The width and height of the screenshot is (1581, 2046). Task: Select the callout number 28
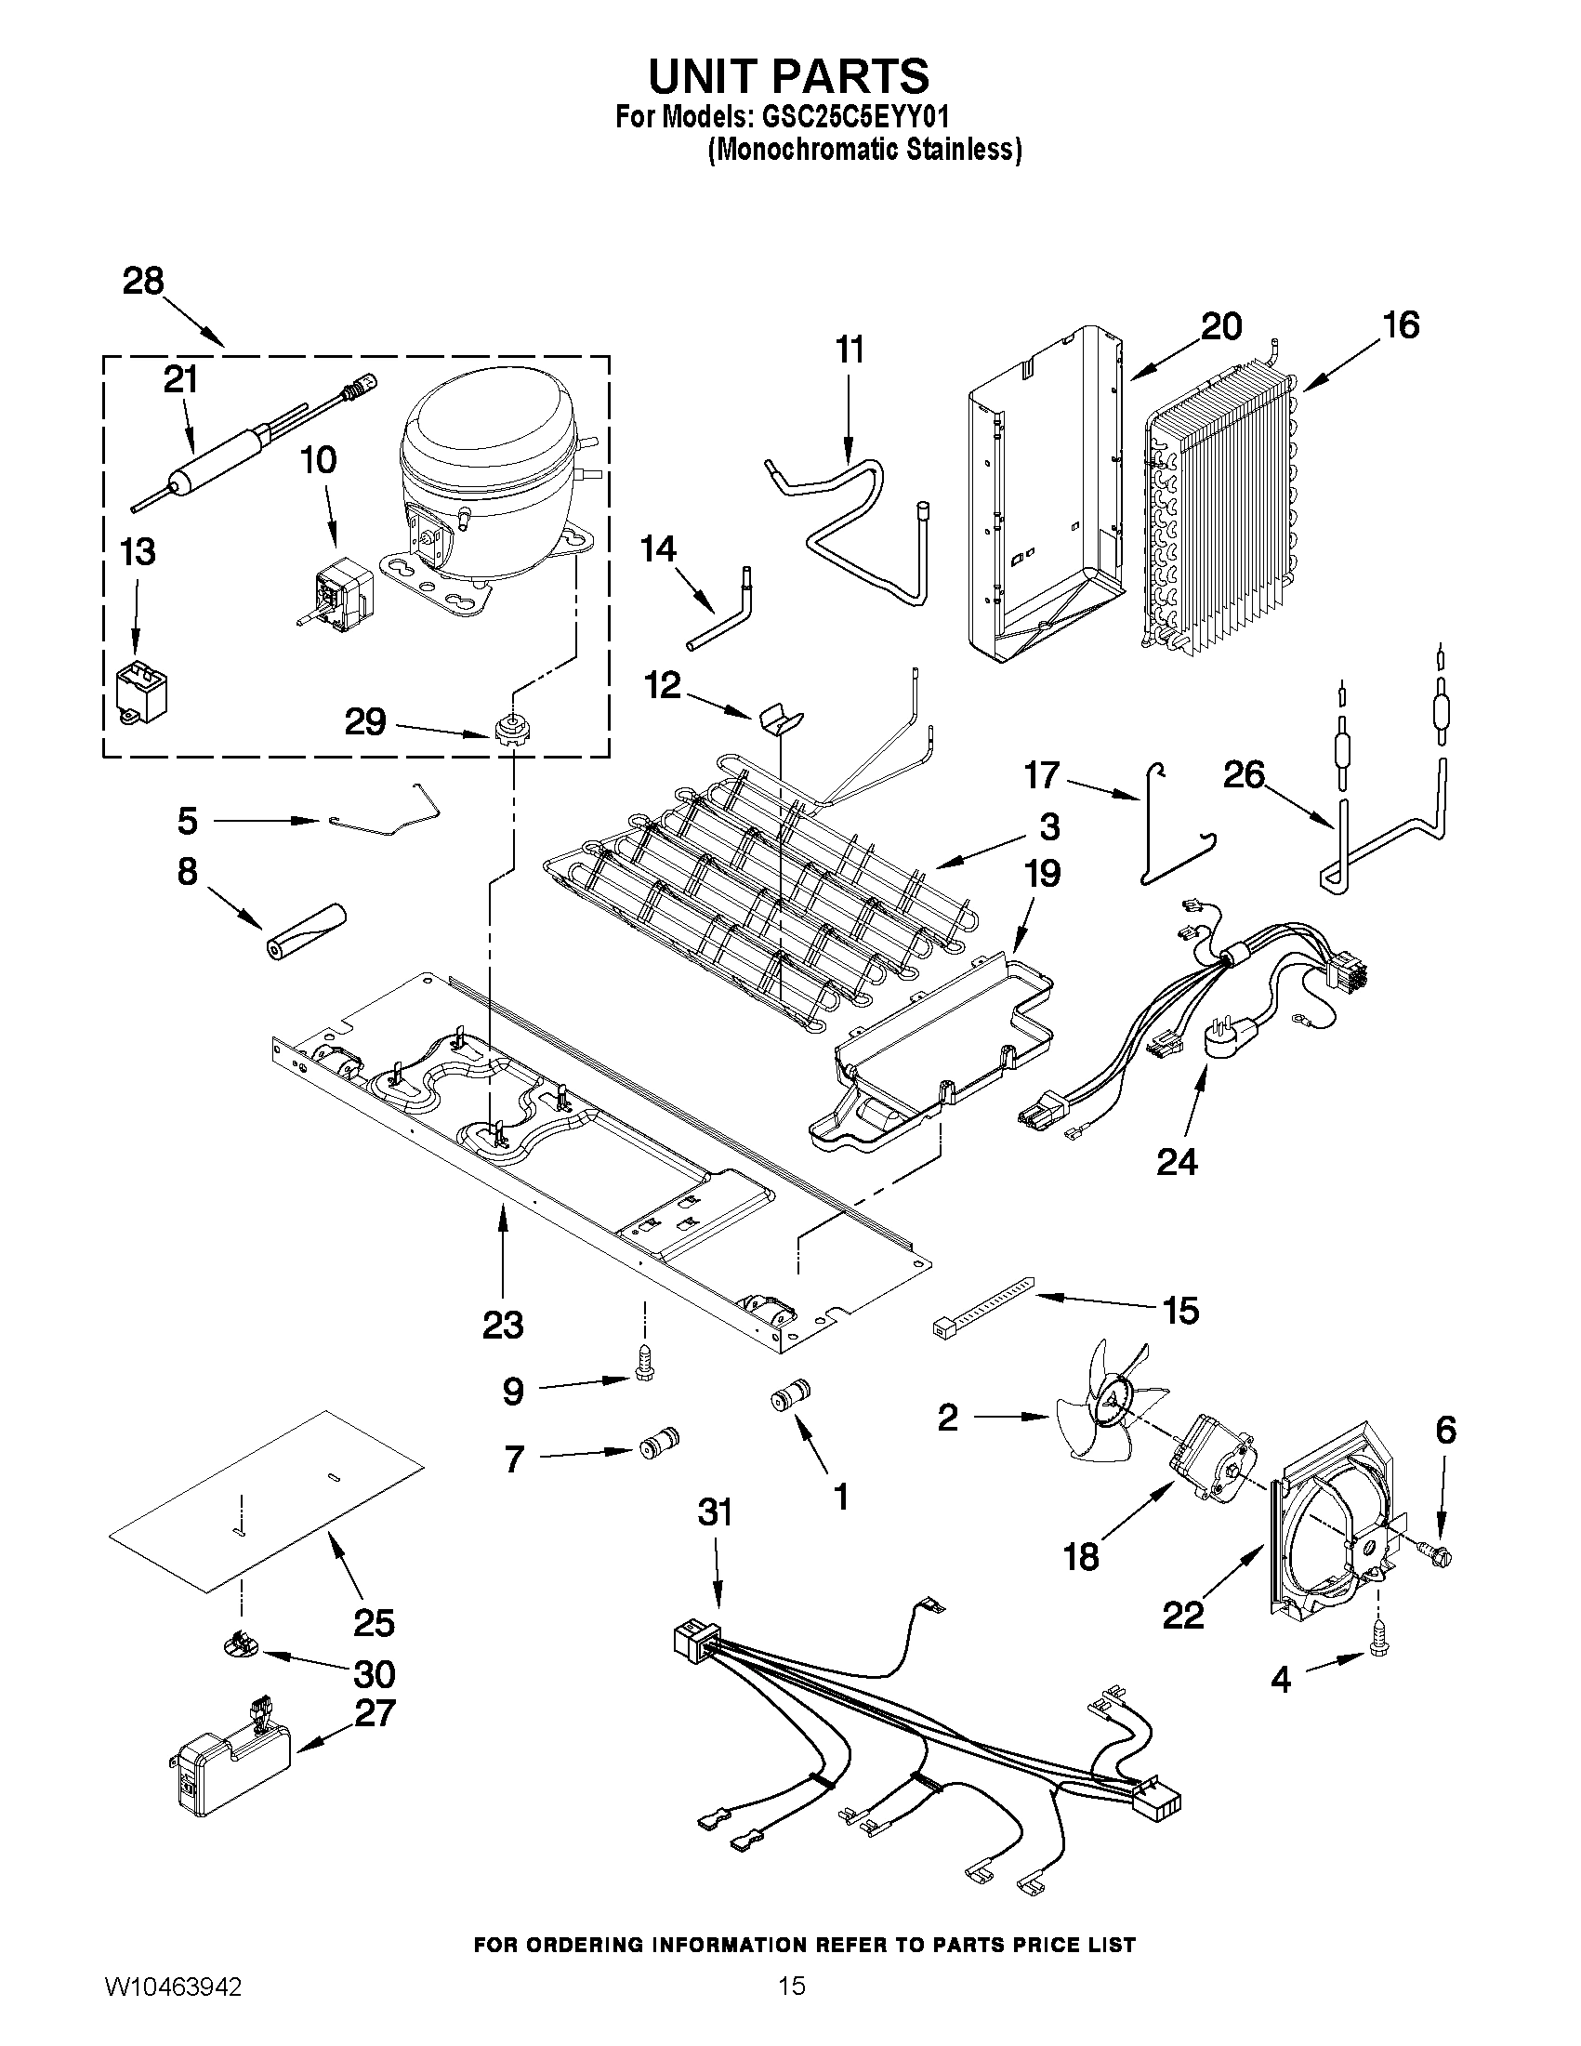[143, 281]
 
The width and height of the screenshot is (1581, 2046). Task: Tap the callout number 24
[1177, 1162]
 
